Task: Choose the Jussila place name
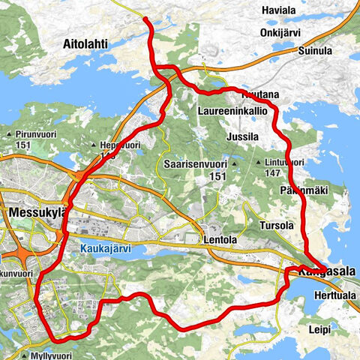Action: [242, 138]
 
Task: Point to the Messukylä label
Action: [38, 213]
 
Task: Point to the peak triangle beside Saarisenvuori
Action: [234, 163]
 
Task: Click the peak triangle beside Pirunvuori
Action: [7, 135]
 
